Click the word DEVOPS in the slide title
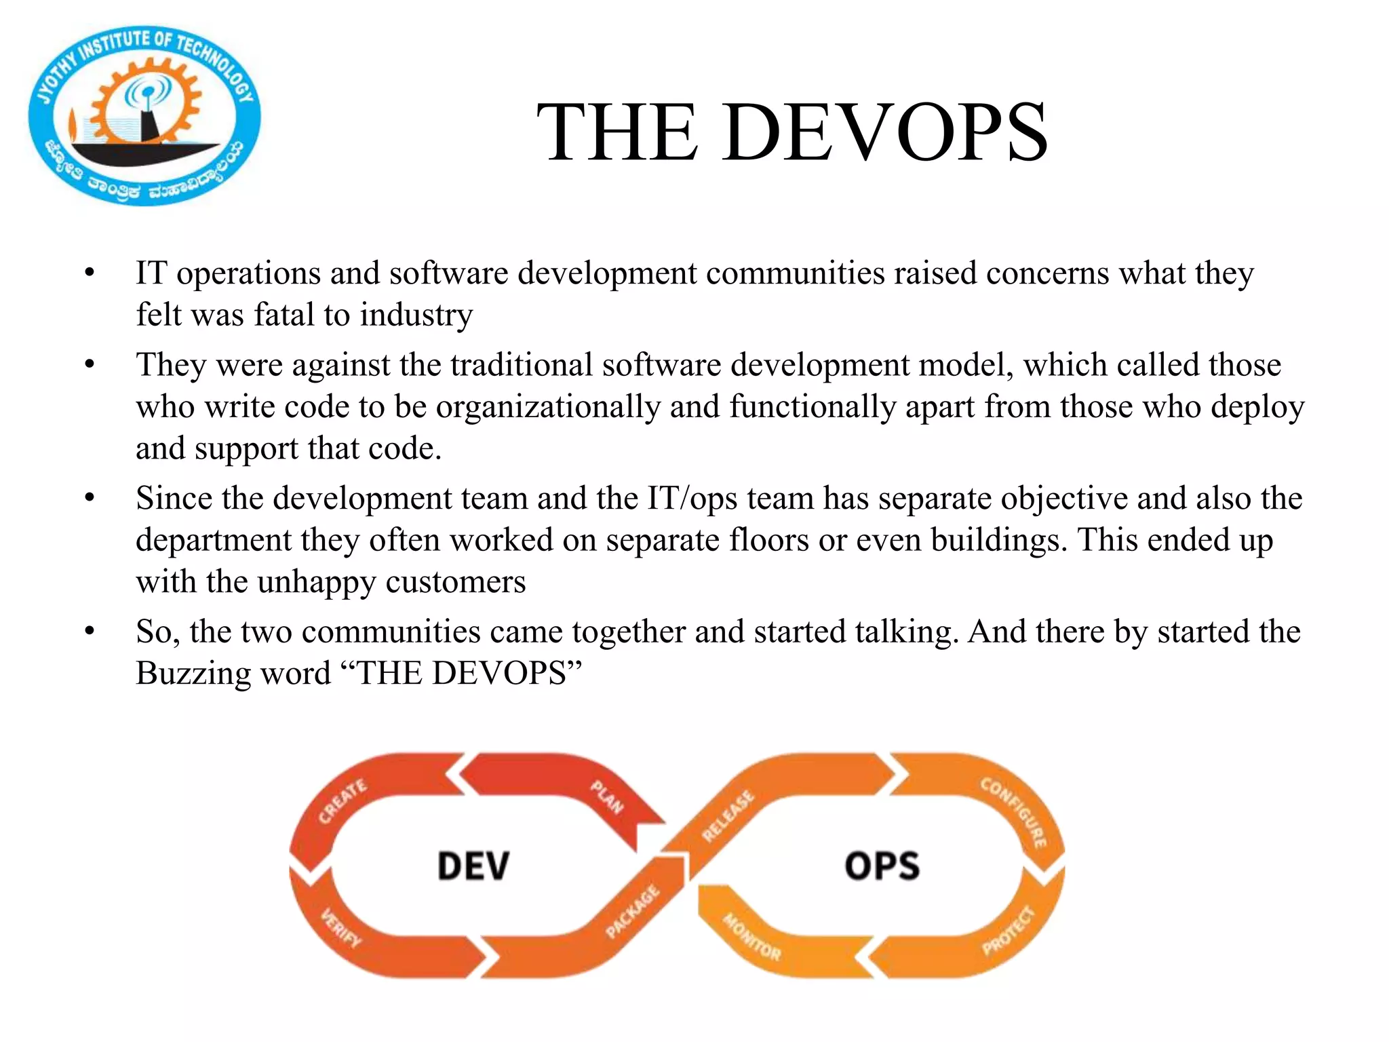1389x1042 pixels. tap(885, 132)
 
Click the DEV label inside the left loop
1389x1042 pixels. tap(473, 866)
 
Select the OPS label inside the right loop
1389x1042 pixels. tap(882, 866)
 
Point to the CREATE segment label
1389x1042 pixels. tap(343, 801)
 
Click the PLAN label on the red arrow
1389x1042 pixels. tap(606, 796)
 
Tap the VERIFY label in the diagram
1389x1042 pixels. tap(341, 927)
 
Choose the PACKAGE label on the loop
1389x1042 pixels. tap(632, 912)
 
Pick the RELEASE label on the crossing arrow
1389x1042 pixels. tap(728, 816)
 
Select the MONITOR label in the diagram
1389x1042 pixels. tap(751, 938)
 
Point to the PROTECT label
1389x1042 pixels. tap(1009, 930)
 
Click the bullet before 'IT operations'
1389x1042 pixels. tap(90, 273)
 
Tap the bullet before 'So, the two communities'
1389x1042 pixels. tap(90, 632)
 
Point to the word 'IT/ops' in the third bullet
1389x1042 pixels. tap(692, 499)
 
